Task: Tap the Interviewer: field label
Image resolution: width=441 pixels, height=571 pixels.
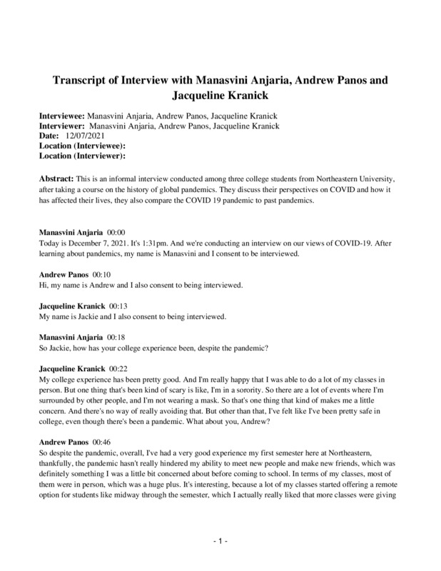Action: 61,125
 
